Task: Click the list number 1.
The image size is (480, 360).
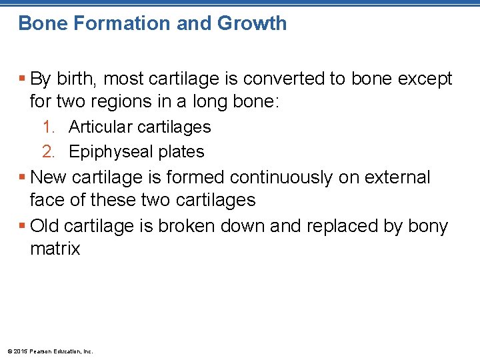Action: click(x=48, y=127)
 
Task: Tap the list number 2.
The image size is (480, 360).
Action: click(x=48, y=152)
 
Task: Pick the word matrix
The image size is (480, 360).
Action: click(x=55, y=249)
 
